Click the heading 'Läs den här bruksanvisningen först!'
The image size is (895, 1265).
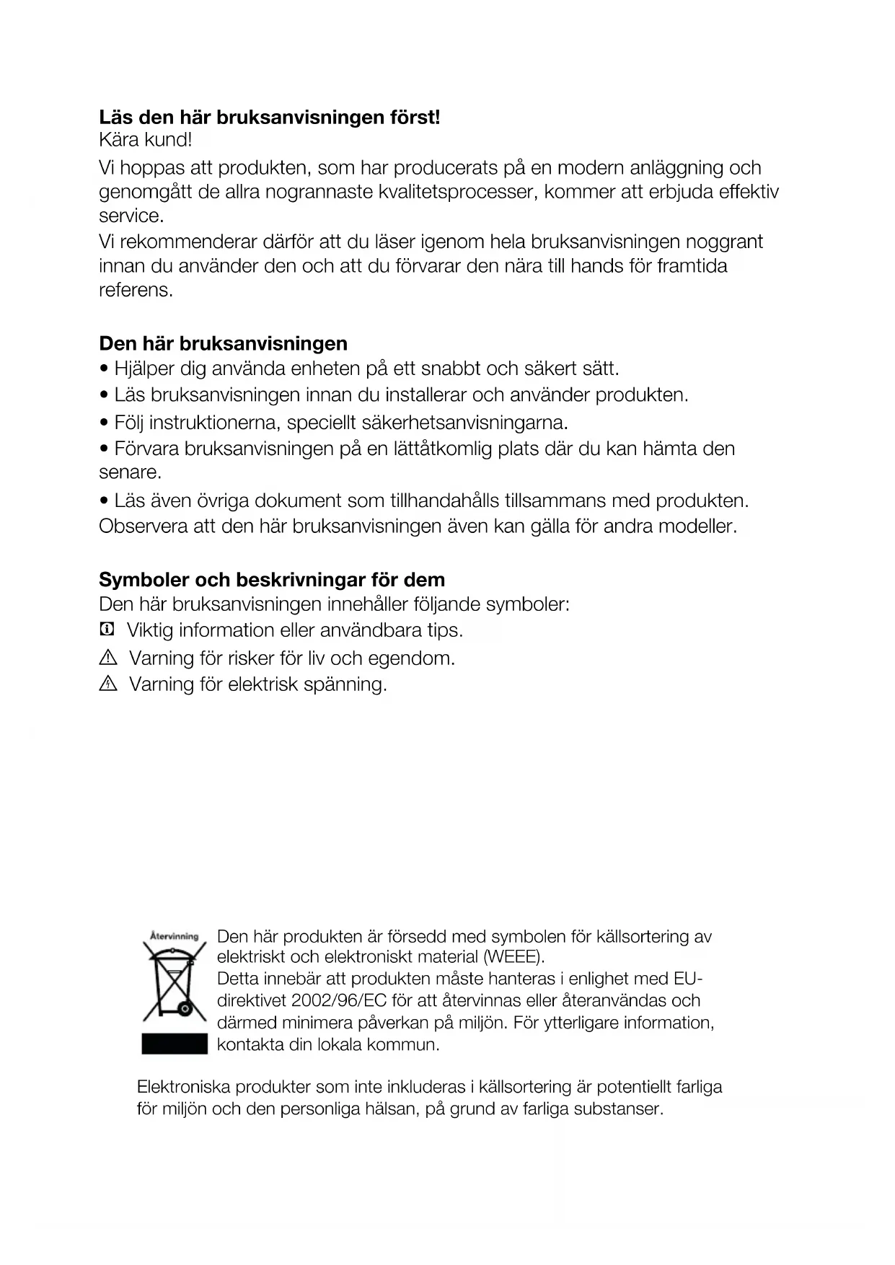coord(269,117)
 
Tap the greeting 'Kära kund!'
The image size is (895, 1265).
coord(145,139)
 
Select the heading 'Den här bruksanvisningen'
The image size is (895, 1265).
coord(223,343)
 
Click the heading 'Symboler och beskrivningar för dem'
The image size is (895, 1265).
coord(272,580)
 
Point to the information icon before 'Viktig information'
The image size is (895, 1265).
coord(107,630)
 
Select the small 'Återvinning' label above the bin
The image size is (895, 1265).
coord(174,936)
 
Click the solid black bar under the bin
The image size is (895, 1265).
coord(175,1044)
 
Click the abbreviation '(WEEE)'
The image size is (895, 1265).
coord(514,957)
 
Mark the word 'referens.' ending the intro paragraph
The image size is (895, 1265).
coord(136,291)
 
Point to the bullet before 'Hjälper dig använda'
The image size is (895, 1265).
coord(105,369)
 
